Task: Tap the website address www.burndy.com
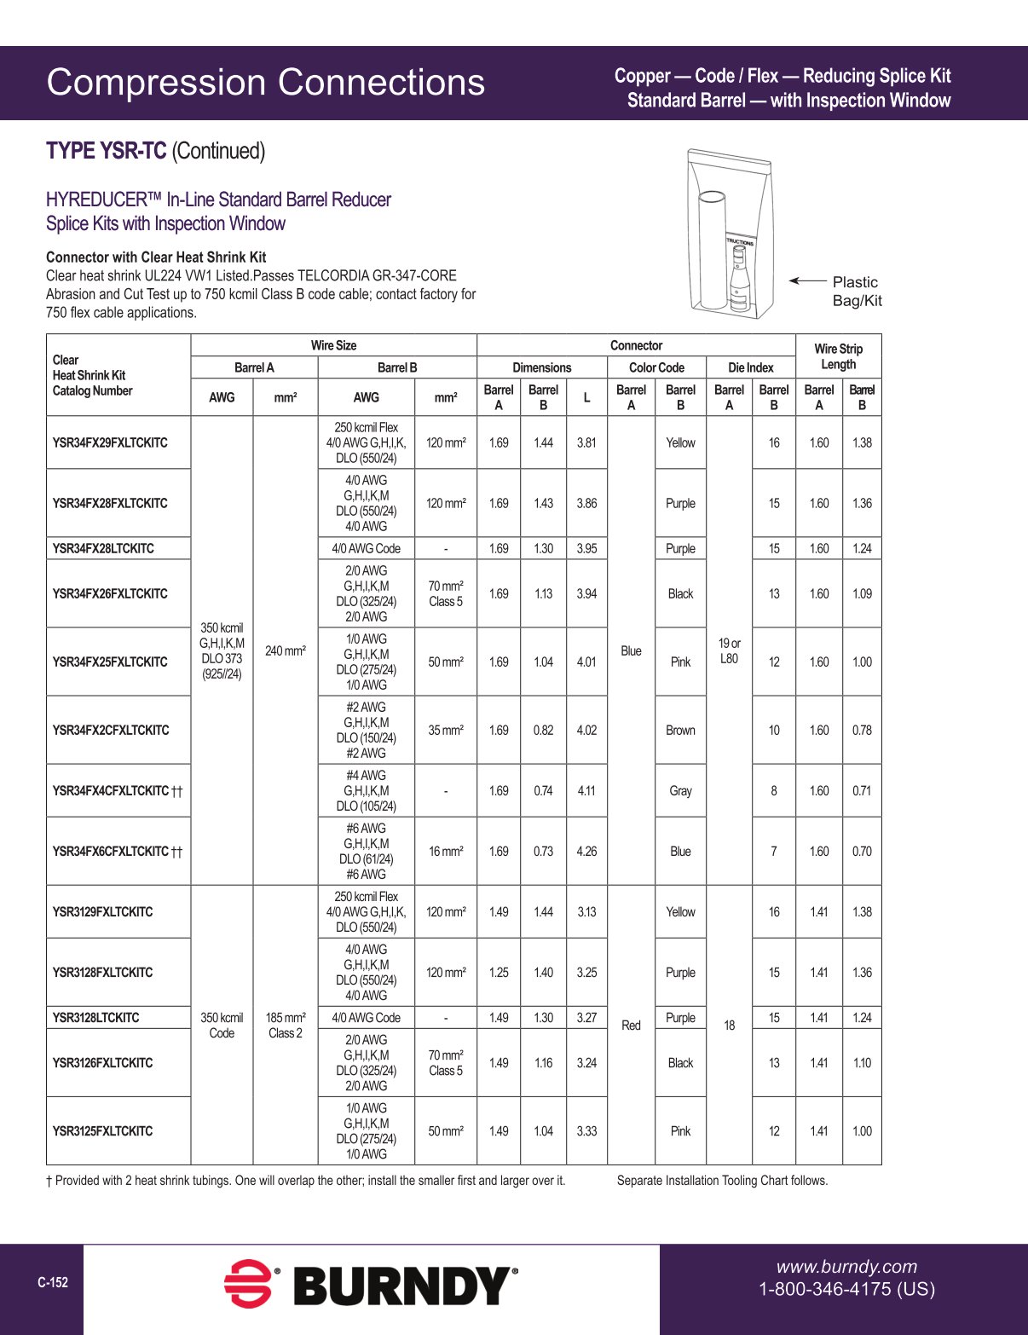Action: pyautogui.click(x=846, y=1267)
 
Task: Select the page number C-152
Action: pyautogui.click(x=53, y=1282)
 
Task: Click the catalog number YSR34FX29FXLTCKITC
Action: pyautogui.click(x=110, y=442)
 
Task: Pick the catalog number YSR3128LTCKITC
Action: pyautogui.click(x=95, y=1017)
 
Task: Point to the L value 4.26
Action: pyautogui.click(x=586, y=851)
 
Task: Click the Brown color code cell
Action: pyautogui.click(x=680, y=730)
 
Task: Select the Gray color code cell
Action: pyautogui.click(x=680, y=790)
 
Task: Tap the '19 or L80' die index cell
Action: pyautogui.click(x=729, y=650)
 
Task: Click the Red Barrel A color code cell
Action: pyautogui.click(x=631, y=1025)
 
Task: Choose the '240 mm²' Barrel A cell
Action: pyautogui.click(x=285, y=650)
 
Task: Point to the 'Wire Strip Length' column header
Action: pyautogui.click(x=838, y=356)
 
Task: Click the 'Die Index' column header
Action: pyautogui.click(x=750, y=367)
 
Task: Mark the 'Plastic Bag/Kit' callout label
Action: pyautogui.click(x=857, y=291)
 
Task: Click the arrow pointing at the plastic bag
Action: pyautogui.click(x=807, y=280)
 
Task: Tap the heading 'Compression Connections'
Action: pyautogui.click(x=265, y=83)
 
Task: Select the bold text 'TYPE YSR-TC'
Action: pyautogui.click(x=106, y=151)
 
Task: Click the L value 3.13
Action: pyautogui.click(x=586, y=911)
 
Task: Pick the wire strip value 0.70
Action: pyautogui.click(x=862, y=851)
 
